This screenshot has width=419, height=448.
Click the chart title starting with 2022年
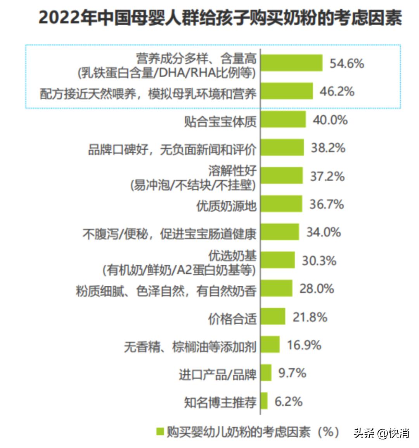tap(220, 18)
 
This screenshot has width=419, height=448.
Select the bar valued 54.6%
tap(291, 63)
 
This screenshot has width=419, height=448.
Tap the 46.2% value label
tap(337, 92)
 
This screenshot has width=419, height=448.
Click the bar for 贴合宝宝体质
tap(283, 120)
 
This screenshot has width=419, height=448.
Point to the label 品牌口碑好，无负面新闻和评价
tap(172, 149)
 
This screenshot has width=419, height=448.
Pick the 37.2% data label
tap(327, 176)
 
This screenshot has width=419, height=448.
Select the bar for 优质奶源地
tap(281, 204)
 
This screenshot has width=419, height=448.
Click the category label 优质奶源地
tap(227, 205)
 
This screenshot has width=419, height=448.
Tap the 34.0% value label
tap(324, 232)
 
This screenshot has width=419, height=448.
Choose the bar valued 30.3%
tap(278, 260)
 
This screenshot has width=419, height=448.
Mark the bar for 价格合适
tap(273, 316)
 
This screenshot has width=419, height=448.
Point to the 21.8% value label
tap(310, 317)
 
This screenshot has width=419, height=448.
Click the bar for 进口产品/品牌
tap(266, 373)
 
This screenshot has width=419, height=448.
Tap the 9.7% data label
tap(292, 373)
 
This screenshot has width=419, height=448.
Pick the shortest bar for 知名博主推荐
tap(264, 401)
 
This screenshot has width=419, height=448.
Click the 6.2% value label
tap(288, 401)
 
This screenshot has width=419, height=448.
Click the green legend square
tap(159, 431)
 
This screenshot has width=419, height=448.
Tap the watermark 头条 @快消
tap(381, 432)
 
